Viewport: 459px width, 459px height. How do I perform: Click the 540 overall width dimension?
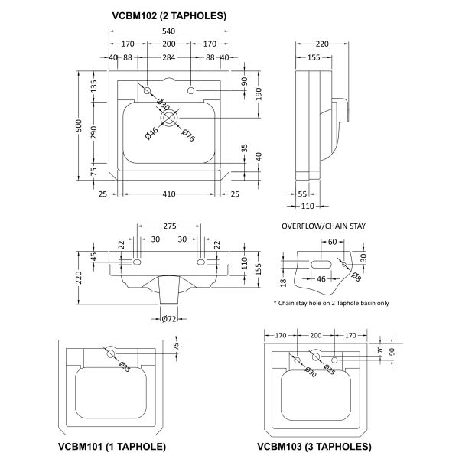pos(168,31)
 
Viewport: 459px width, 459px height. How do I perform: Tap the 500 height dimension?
pos(79,125)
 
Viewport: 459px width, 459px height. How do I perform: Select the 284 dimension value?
pos(169,57)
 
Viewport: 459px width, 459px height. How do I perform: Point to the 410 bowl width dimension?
pos(169,194)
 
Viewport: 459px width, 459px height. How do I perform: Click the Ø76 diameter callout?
pos(188,135)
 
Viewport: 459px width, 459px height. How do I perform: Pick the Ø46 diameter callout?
pos(151,133)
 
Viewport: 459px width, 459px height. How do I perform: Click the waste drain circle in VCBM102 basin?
pos(169,118)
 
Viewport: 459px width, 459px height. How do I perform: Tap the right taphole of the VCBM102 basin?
pos(190,90)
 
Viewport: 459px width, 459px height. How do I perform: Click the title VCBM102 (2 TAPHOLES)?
pos(169,15)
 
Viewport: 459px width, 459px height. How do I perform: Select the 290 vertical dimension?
pos(93,132)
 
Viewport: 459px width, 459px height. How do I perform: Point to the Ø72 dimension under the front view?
pos(169,318)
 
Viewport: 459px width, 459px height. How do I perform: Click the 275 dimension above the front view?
pos(170,226)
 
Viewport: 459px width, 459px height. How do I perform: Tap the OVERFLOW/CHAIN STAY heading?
pos(324,226)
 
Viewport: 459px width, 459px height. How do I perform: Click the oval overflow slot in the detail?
pos(321,265)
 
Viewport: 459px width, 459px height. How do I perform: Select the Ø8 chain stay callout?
pos(356,276)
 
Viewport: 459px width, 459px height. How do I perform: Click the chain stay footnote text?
pos(331,303)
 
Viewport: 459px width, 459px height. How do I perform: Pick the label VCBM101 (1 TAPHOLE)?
pos(112,447)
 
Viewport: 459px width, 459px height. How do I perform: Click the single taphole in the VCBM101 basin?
pos(111,354)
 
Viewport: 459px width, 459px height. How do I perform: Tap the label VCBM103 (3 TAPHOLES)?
pos(314,447)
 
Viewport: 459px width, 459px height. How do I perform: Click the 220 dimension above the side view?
pos(322,44)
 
